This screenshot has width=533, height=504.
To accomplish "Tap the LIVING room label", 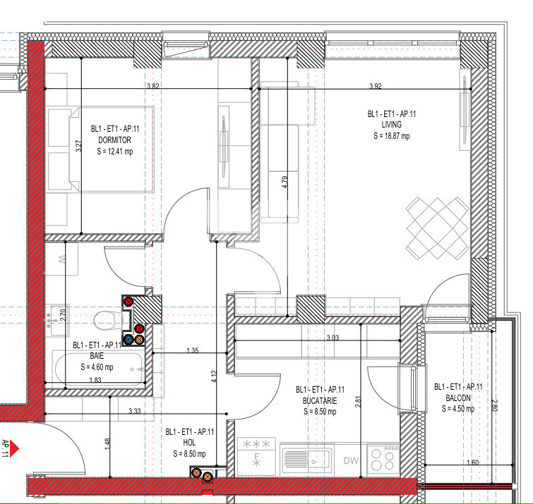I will pos(390,125).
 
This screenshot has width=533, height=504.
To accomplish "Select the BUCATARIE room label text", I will pos(320,400).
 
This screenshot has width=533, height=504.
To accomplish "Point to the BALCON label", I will pos(458,398).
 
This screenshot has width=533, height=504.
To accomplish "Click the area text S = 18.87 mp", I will pos(391,136).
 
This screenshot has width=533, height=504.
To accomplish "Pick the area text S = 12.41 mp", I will pos(114,151).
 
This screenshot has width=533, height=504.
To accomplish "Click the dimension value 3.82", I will pos(152,85).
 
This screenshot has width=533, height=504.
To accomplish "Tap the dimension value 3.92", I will pos(376,86).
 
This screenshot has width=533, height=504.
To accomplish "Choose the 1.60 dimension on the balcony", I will pos(473,462).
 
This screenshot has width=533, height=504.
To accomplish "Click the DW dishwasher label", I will pos(351,460).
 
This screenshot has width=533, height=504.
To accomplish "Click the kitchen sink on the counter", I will pos(305,459).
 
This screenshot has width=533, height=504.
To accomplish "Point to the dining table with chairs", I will pos(436,227).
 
